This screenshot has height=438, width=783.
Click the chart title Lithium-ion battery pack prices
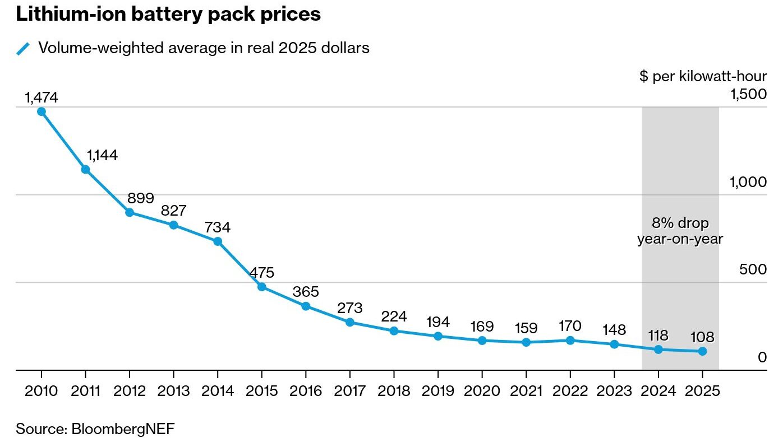click(x=168, y=15)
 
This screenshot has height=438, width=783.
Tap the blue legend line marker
click(x=23, y=49)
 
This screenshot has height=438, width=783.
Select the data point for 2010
click(x=42, y=111)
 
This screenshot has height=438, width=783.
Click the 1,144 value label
click(x=102, y=155)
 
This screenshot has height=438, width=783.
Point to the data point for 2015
click(x=262, y=287)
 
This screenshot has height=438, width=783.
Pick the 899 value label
click(x=141, y=198)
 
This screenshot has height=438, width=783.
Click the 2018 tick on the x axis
click(x=394, y=390)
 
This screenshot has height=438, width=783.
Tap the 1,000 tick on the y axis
click(x=747, y=181)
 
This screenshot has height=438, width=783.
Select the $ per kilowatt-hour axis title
click(x=703, y=76)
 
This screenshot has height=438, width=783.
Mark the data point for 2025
click(x=702, y=351)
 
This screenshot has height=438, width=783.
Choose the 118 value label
click(x=658, y=336)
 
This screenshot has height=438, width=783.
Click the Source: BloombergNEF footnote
click(x=95, y=429)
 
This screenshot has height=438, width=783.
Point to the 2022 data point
click(x=570, y=341)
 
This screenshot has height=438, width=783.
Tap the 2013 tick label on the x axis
click(x=173, y=390)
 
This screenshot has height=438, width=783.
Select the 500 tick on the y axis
click(x=753, y=269)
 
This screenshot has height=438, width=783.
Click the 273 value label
click(x=350, y=308)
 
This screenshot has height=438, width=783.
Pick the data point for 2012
click(x=130, y=212)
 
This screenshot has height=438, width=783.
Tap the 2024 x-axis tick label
click(x=658, y=390)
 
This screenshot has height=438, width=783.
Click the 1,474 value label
click(x=42, y=97)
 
